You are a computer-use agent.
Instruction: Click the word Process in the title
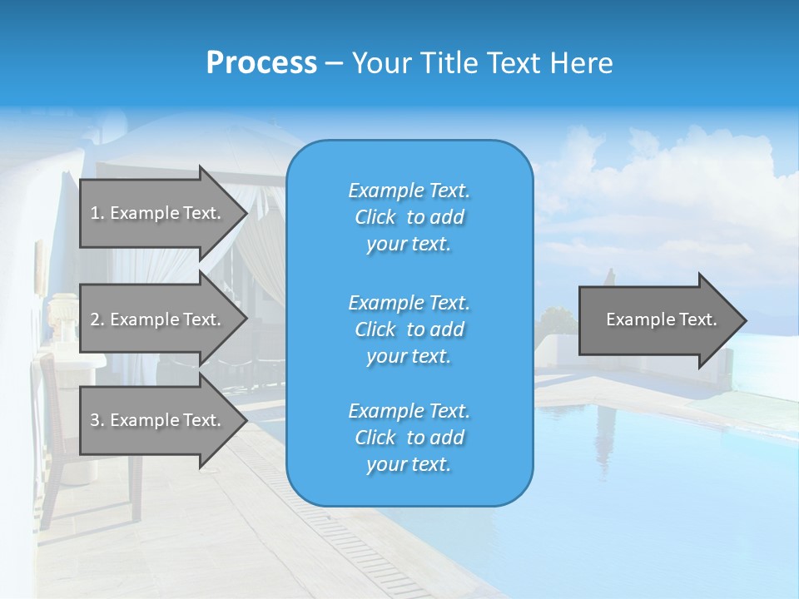[261, 63]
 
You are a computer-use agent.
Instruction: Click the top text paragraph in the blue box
[409, 217]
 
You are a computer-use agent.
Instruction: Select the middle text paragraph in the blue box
[409, 329]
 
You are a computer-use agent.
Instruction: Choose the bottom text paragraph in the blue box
[409, 438]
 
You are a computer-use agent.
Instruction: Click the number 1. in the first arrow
[97, 213]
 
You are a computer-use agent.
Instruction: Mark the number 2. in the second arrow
[97, 319]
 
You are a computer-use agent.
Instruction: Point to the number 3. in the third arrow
[97, 420]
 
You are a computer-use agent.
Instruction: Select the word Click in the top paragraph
[375, 217]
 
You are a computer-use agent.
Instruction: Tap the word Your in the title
[379, 63]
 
